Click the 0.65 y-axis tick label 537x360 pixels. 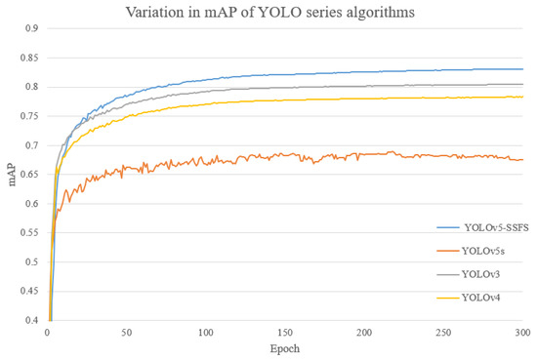29,175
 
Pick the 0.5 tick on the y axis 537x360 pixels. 31,262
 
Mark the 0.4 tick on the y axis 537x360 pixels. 31,321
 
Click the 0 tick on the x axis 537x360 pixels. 47,333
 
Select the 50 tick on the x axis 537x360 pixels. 126,333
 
